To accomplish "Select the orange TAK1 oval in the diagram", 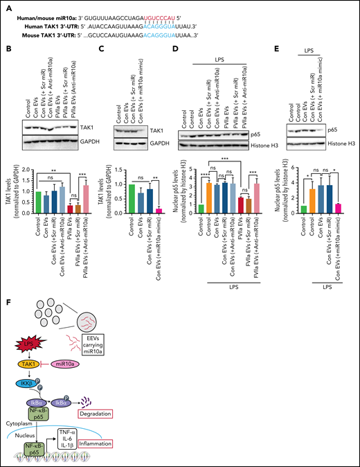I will pos(26,364).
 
